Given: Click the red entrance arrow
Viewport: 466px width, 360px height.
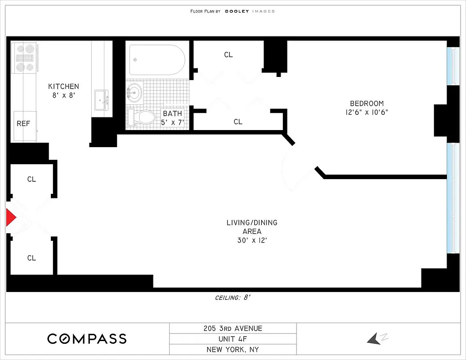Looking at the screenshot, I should coord(10,218).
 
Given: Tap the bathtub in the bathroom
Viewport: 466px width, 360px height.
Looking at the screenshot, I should coord(157,60).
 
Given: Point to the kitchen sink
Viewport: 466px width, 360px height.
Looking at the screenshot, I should coord(101,98).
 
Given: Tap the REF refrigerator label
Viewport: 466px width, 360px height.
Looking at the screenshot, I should coord(23,123).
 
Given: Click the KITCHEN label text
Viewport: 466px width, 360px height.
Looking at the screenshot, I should coord(63,86).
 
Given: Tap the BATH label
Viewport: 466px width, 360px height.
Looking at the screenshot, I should coord(172,113).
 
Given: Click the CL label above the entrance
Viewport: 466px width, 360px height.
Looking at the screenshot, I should coord(31,179).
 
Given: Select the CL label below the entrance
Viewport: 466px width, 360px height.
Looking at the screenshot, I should coord(31,258).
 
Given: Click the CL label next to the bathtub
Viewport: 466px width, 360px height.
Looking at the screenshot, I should coord(229,54).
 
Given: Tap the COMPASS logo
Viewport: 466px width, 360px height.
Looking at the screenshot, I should coord(87,339).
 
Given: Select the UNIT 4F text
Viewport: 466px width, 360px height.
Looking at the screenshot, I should coord(233,339).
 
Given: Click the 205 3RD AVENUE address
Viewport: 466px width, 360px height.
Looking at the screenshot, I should coord(233,328).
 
